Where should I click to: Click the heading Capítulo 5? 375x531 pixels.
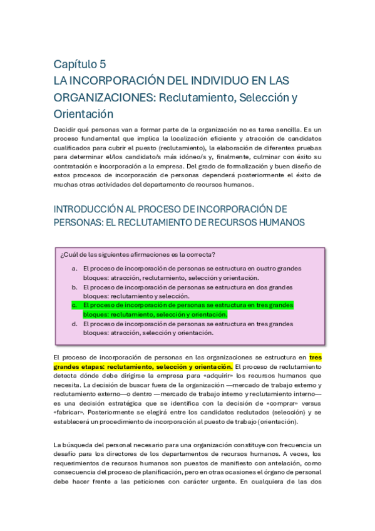click(80, 64)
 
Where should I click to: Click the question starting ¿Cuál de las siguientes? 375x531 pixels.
click(138, 254)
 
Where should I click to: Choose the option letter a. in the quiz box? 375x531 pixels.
click(74, 269)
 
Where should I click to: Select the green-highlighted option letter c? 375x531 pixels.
click(74, 305)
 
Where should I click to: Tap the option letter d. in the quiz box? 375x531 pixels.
click(74, 324)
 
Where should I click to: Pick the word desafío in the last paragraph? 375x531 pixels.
click(68, 454)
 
